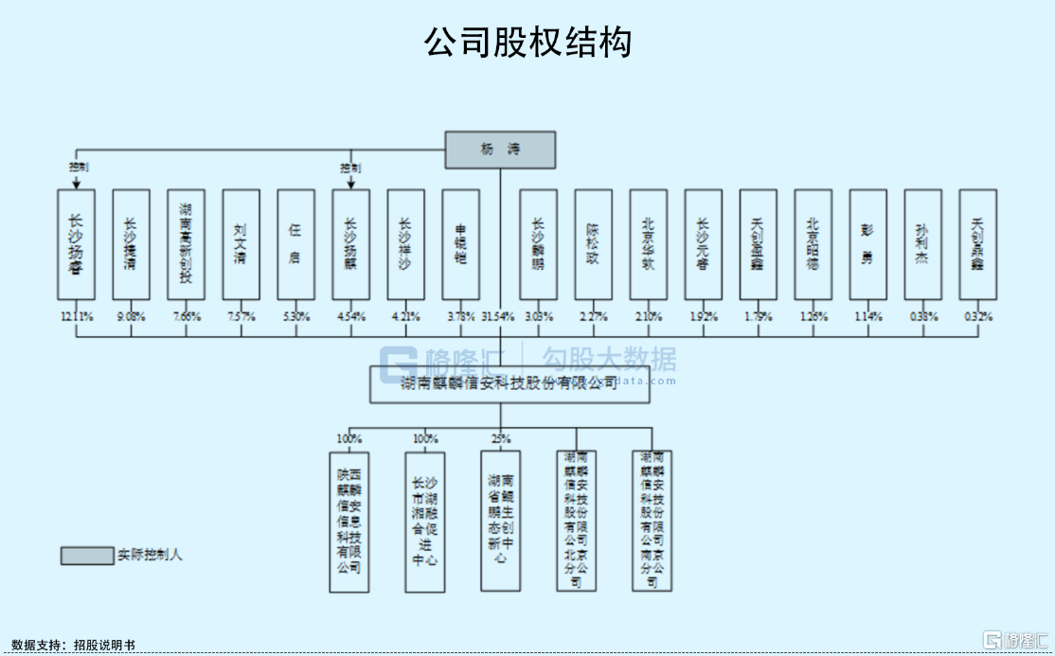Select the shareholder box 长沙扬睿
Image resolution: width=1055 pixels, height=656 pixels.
[x=77, y=245]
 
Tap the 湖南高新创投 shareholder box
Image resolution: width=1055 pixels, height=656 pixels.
[x=187, y=245]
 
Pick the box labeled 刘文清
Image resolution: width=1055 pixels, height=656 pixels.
[x=241, y=245]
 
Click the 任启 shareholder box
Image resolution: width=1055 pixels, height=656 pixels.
[x=296, y=245]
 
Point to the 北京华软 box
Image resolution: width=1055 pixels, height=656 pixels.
[x=649, y=245]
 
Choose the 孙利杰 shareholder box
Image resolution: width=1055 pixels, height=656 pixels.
[x=923, y=245]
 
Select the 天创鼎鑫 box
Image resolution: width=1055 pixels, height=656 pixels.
[x=978, y=245]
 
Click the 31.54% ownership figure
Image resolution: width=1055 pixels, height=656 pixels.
[x=500, y=316]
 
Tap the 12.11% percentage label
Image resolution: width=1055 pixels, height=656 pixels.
[x=77, y=316]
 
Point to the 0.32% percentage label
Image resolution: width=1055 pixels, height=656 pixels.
[x=978, y=316]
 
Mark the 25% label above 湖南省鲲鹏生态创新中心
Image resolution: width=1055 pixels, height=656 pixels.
[x=501, y=438]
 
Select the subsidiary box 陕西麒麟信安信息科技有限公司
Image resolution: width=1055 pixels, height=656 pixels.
[x=349, y=522]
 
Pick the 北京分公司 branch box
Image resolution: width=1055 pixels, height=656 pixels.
[x=577, y=522]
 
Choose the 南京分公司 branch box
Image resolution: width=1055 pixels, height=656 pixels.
[x=653, y=522]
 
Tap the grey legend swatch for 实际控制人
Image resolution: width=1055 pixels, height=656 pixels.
[x=87, y=556]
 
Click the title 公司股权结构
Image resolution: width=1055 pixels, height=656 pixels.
[x=527, y=43]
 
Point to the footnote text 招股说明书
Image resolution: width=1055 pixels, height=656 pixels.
[x=104, y=645]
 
